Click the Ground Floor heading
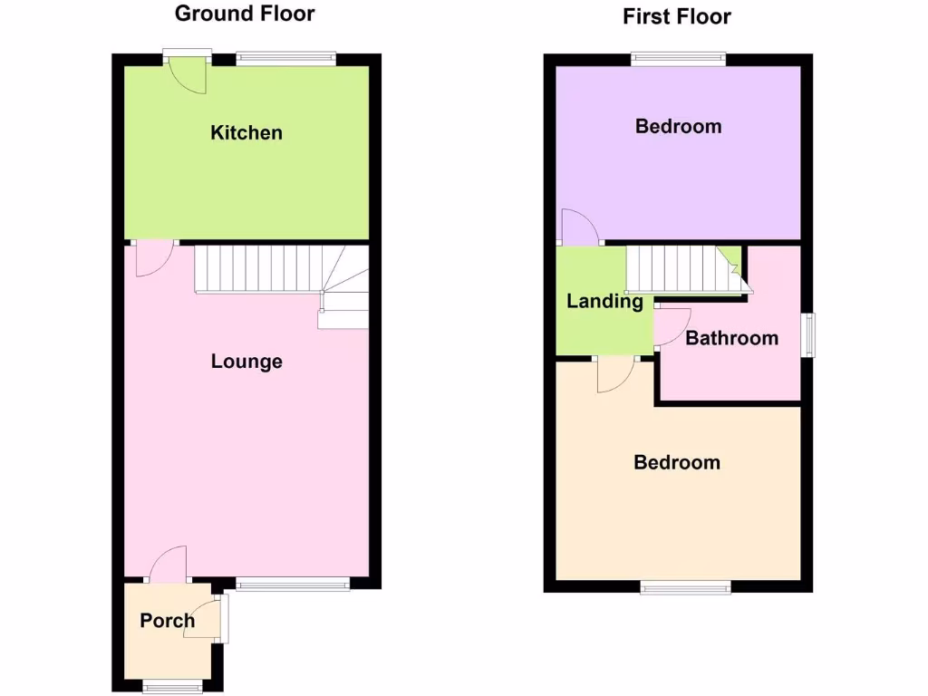coord(245,14)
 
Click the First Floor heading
coord(676,16)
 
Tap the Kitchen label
coord(246,133)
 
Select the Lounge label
coord(246,362)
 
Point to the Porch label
coord(167,621)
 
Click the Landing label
coord(604,302)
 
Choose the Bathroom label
coord(731,338)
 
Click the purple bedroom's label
coord(678,126)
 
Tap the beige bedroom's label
coord(677,462)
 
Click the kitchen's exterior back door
coord(189,76)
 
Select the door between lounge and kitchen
coord(151,259)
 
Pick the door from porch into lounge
coord(169,565)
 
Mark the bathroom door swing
coord(672,327)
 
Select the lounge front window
coord(293,585)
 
